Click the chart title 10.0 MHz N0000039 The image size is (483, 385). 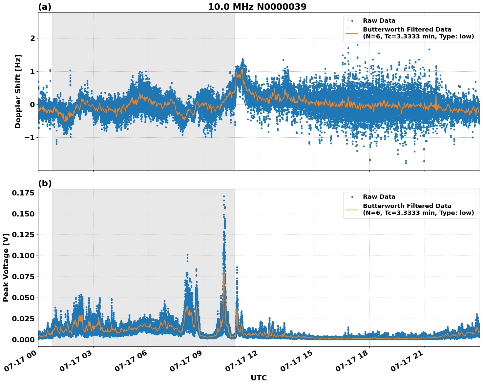pyautogui.click(x=257, y=7)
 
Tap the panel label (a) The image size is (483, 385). pyautogui.click(x=45, y=7)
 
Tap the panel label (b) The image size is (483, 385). pyautogui.click(x=45, y=184)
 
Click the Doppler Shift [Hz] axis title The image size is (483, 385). pyautogui.click(x=18, y=91)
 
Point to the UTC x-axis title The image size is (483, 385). pyautogui.click(x=259, y=378)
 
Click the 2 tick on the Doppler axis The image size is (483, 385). pyautogui.click(x=32, y=38)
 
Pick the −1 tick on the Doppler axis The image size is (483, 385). pyautogui.click(x=30, y=138)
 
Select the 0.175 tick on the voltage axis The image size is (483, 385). pyautogui.click(x=23, y=193)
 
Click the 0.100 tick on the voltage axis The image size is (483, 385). pyautogui.click(x=23, y=256)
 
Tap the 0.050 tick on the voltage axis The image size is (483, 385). pyautogui.click(x=23, y=298)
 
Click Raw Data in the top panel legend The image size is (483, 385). pyautogui.click(x=379, y=21)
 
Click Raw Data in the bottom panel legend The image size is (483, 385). pyautogui.click(x=379, y=197)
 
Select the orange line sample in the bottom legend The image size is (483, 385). pyautogui.click(x=352, y=209)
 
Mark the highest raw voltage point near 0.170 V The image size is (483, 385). pyautogui.click(x=224, y=196)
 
